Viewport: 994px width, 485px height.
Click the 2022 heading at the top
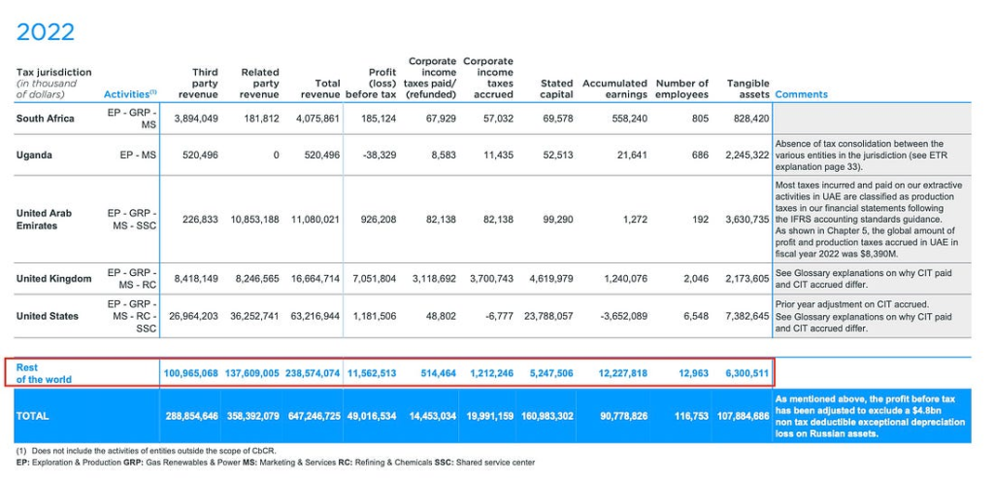(46, 32)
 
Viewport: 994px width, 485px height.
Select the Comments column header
(801, 94)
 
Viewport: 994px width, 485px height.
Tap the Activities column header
(130, 94)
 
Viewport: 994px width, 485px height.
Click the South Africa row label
(45, 119)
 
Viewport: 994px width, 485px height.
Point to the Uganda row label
(33, 155)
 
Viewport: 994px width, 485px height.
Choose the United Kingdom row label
(54, 279)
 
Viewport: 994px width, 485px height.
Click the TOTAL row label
(32, 416)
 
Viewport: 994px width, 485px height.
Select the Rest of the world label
(44, 373)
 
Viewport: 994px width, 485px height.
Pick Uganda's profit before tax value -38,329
(379, 155)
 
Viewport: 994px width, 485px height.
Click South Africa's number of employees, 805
(700, 119)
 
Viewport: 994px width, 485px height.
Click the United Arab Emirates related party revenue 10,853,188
(252, 219)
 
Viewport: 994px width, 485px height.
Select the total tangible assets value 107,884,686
(744, 416)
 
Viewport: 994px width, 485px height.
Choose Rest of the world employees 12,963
(693, 373)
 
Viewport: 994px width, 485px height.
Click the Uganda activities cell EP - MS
(137, 155)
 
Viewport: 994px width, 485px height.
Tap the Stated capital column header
(556, 88)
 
